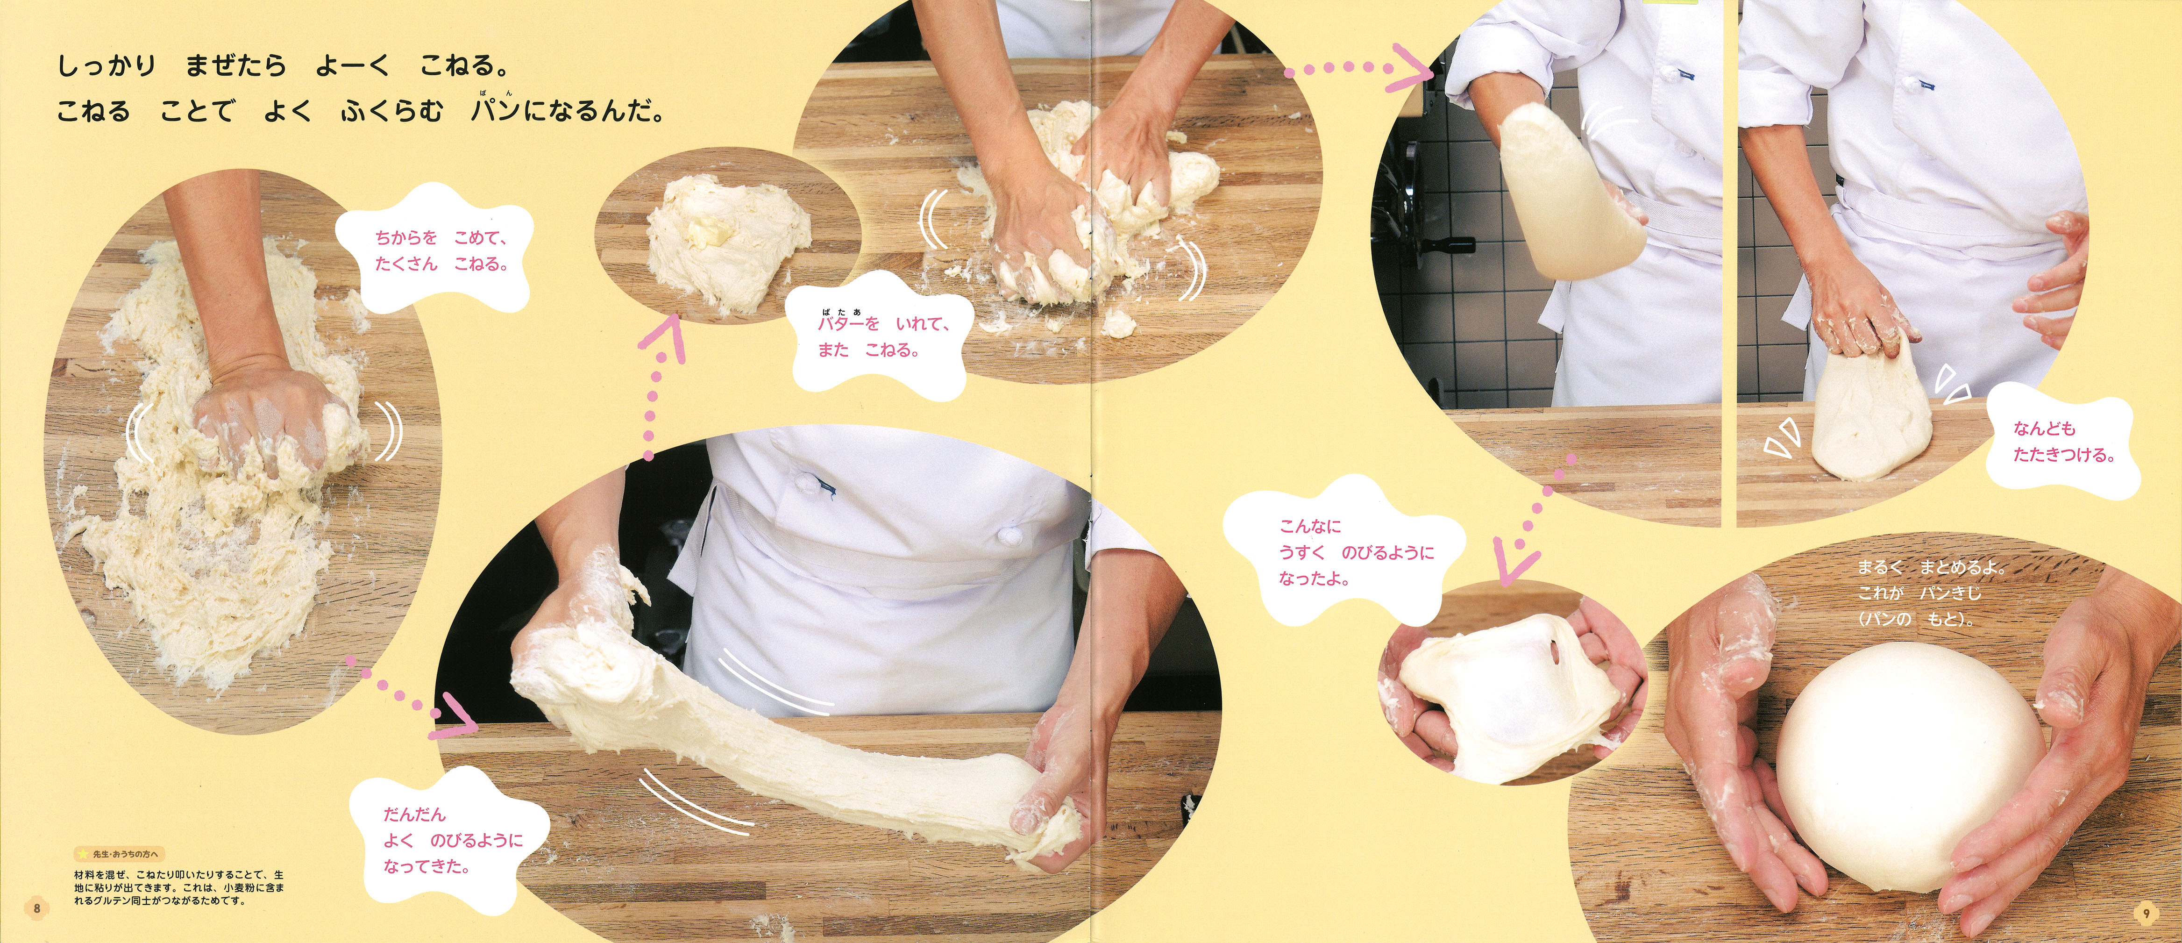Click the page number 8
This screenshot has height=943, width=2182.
pos(36,908)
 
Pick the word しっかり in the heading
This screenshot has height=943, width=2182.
pos(107,66)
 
